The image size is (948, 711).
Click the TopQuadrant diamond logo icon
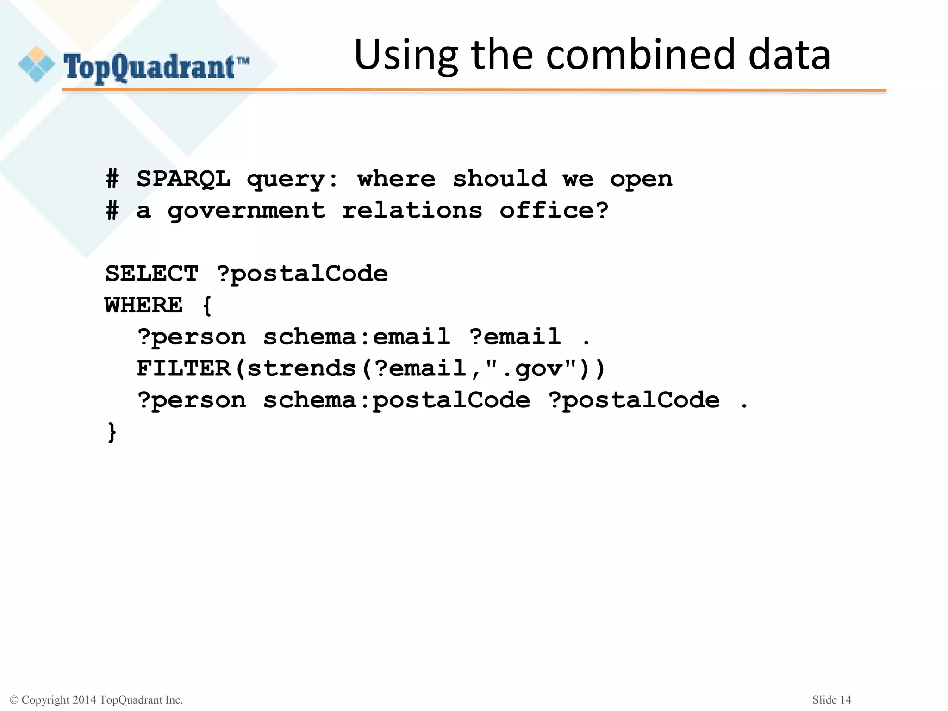click(x=36, y=64)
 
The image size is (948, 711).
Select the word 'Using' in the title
click(x=406, y=56)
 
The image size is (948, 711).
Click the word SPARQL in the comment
click(x=183, y=179)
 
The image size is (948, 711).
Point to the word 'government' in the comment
click(x=246, y=211)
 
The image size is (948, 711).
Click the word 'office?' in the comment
click(x=554, y=211)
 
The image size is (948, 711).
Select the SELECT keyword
click(x=152, y=274)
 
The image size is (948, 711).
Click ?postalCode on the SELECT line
click(x=302, y=274)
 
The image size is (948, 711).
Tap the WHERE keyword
click(x=144, y=306)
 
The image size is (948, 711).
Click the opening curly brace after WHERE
click(x=207, y=306)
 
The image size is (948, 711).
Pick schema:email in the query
click(x=356, y=337)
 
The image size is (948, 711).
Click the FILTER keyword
click(x=184, y=368)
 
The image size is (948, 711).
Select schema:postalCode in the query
click(x=396, y=400)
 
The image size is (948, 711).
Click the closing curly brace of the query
click(x=112, y=431)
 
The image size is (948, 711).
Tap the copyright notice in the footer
click(x=96, y=700)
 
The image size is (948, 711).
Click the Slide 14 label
click(x=831, y=700)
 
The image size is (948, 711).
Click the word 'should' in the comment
click(x=499, y=179)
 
